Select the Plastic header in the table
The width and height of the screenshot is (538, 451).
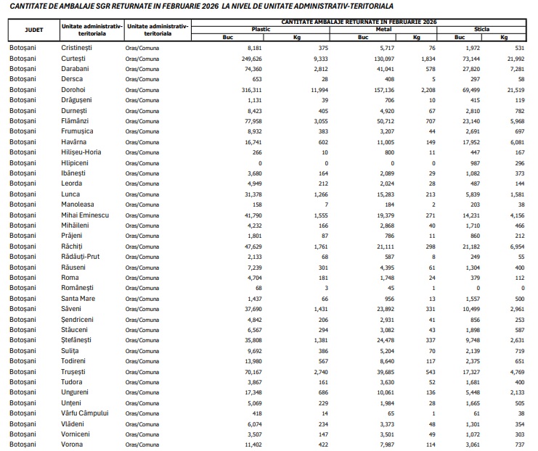pyautogui.click(x=261, y=29)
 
